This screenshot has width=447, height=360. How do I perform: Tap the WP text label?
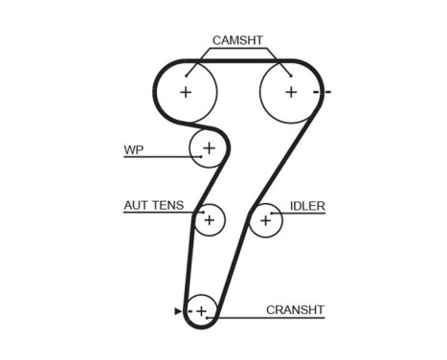pyautogui.click(x=133, y=150)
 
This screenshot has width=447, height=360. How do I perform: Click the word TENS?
pyautogui.click(x=168, y=205)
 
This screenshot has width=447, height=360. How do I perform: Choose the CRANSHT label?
pyautogui.click(x=296, y=309)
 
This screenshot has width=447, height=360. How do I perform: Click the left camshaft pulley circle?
pyautogui.click(x=186, y=92)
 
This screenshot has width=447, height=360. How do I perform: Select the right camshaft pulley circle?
pyautogui.click(x=291, y=92)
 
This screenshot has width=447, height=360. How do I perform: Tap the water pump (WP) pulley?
pyautogui.click(x=208, y=147)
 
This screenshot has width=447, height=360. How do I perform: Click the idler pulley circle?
pyautogui.click(x=265, y=220)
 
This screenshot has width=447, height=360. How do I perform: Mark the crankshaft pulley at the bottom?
pyautogui.click(x=201, y=311)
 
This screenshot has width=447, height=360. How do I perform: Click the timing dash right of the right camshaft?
pyautogui.click(x=326, y=92)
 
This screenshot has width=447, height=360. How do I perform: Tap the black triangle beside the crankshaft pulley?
pyautogui.click(x=178, y=311)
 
